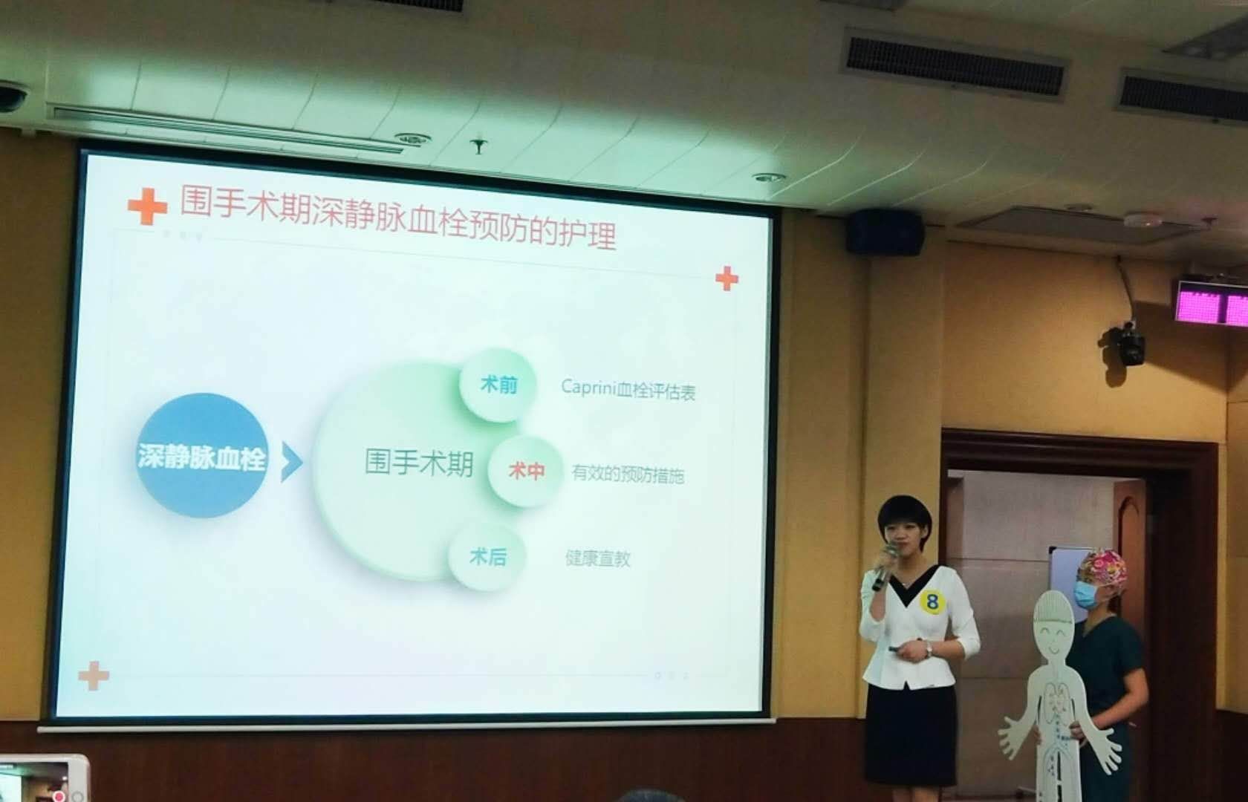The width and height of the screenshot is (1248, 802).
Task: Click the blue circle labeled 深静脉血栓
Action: (x=201, y=456)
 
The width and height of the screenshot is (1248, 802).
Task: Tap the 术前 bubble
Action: (x=498, y=385)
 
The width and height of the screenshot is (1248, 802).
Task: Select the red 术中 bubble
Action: (x=525, y=470)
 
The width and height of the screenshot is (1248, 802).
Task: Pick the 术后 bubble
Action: (x=487, y=556)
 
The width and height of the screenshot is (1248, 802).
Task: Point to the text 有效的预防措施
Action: (x=628, y=475)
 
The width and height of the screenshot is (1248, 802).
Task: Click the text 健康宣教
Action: (x=598, y=558)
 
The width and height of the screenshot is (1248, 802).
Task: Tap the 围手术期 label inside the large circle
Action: (x=418, y=462)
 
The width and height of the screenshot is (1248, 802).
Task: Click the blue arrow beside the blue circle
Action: (x=292, y=462)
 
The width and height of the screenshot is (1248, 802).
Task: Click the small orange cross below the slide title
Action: (x=727, y=278)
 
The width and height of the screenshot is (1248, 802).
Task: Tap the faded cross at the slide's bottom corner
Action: (x=94, y=675)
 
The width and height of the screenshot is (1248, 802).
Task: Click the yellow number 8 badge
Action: (x=932, y=601)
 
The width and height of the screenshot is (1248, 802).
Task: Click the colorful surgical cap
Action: (x=1102, y=568)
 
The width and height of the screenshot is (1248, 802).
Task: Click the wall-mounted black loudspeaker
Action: (x=884, y=232)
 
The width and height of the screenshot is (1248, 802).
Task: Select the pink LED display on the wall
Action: (x=1211, y=301)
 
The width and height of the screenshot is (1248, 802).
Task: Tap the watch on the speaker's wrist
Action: (x=929, y=649)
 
